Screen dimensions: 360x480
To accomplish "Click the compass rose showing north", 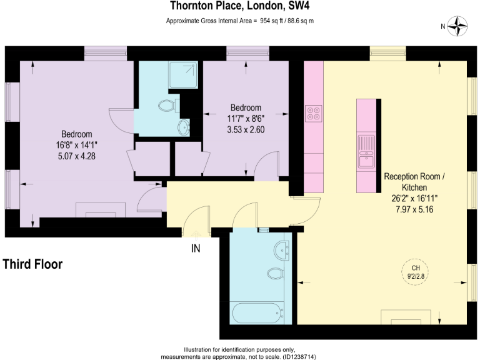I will [459, 26].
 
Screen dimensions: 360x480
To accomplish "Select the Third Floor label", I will [32, 264].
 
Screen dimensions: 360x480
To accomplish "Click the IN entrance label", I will [196, 249].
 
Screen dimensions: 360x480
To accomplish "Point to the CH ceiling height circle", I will [416, 271].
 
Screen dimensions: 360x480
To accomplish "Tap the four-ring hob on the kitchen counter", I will [313, 113].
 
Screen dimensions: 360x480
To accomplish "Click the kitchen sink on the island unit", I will [366, 152].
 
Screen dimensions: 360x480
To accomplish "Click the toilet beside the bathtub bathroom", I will [276, 274].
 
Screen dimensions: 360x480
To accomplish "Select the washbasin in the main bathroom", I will [281, 251].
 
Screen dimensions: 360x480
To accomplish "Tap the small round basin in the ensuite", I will [182, 127].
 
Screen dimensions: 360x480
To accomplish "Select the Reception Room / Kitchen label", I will [414, 182].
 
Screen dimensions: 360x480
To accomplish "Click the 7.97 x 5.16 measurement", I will [414, 209].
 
